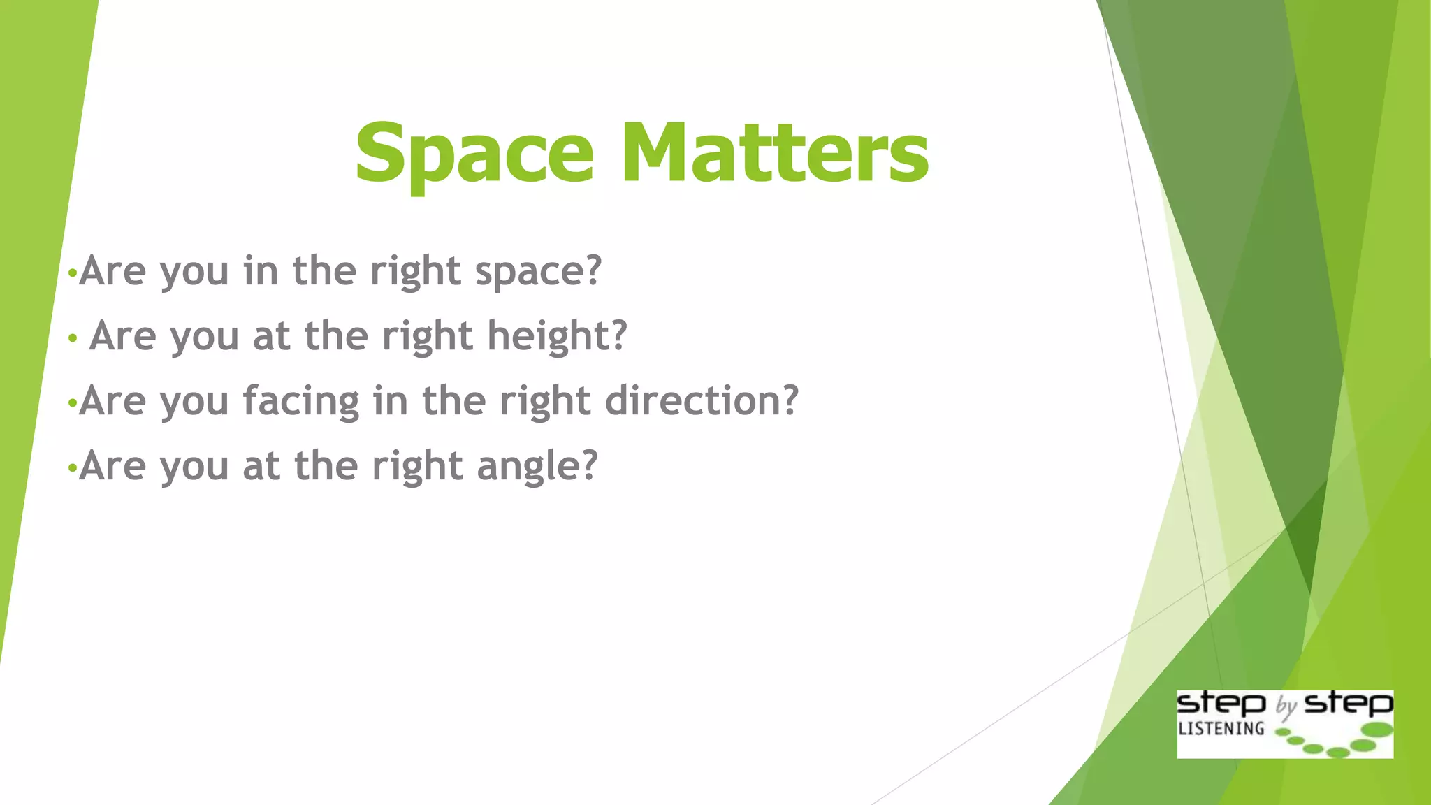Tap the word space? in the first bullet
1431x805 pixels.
(x=538, y=271)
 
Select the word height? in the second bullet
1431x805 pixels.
(x=557, y=336)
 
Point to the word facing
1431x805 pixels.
(x=301, y=402)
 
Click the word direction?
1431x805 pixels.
(x=701, y=400)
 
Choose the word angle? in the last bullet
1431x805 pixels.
(x=537, y=466)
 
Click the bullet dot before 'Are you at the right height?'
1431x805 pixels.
(x=73, y=339)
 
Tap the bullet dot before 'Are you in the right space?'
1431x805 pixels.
(x=71, y=274)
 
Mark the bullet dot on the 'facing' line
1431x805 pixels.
(x=71, y=404)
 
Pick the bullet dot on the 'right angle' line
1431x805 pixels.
(x=71, y=469)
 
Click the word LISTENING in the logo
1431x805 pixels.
(x=1221, y=729)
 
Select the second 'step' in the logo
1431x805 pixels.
(x=1349, y=703)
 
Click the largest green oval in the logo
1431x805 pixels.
(x=1378, y=730)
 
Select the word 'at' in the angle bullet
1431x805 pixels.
(x=261, y=466)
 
